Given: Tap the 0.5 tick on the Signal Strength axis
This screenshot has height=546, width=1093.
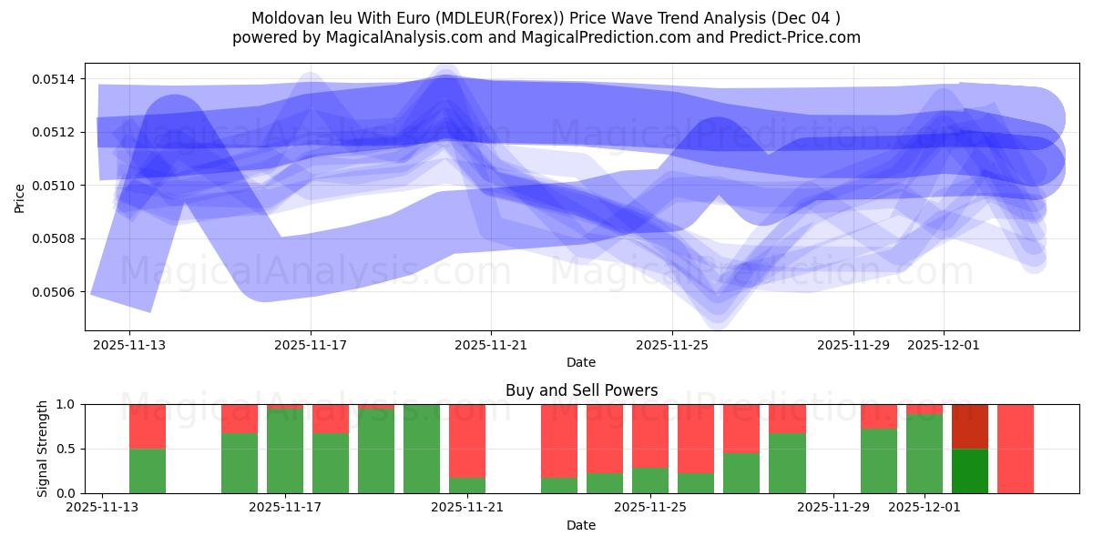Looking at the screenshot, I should (x=67, y=449).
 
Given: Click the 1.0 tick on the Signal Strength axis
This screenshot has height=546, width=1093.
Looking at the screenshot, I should (x=67, y=404).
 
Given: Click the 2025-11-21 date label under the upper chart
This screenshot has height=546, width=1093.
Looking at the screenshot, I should (x=491, y=345).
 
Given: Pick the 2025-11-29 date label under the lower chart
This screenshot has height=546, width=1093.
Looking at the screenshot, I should (x=833, y=507).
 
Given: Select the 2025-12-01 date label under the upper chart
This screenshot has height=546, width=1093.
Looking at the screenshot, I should (x=944, y=345).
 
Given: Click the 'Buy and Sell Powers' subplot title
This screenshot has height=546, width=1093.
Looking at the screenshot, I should (x=581, y=390).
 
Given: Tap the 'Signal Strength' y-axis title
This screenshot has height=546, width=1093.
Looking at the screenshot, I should (x=42, y=449).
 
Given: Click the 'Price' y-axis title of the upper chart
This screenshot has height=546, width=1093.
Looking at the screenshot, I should (x=20, y=197).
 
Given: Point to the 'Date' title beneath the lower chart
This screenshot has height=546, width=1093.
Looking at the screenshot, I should (x=581, y=525).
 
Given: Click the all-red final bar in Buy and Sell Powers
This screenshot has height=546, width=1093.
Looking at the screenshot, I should (x=1016, y=449).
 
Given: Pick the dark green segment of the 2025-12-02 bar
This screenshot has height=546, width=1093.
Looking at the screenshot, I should (x=970, y=470).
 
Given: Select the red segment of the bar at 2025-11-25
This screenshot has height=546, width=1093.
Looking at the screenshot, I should (x=650, y=435).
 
